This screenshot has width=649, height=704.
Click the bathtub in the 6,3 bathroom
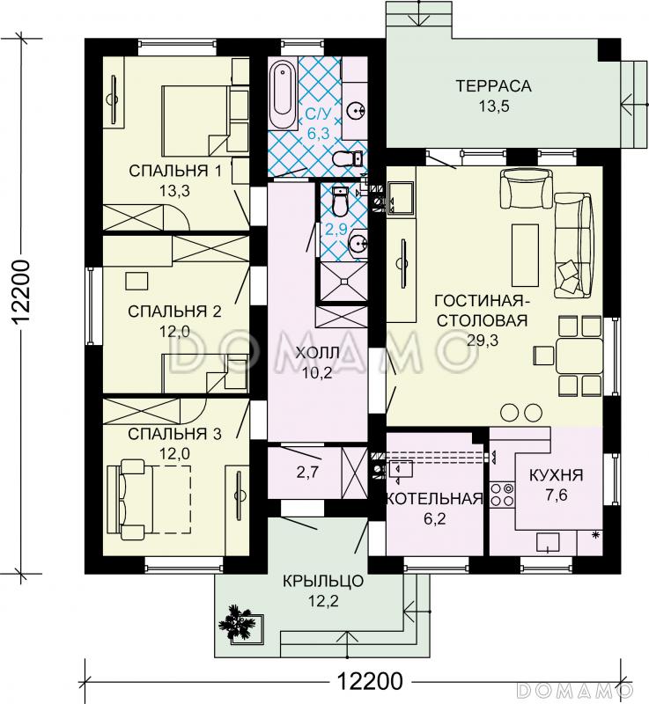283,89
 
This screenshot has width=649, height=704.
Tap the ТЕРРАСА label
494,85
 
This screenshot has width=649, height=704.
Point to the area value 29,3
483,341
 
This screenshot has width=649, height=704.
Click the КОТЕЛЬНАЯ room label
435,498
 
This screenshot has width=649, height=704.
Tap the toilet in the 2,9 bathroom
340,202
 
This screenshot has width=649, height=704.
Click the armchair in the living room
526,188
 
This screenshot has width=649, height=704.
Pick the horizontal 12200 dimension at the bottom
370,681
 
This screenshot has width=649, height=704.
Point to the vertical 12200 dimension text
21,292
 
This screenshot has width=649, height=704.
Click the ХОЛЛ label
318,353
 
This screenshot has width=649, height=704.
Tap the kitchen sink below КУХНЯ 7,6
548,543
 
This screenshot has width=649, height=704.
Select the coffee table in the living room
525,255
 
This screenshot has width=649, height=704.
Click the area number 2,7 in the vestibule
307,473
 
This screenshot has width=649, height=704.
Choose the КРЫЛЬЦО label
323,581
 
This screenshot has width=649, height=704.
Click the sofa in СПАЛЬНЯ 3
127,499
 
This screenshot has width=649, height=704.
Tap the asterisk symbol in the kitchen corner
596,534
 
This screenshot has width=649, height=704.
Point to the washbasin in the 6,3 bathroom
357,109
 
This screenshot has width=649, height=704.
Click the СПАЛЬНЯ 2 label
174,312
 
